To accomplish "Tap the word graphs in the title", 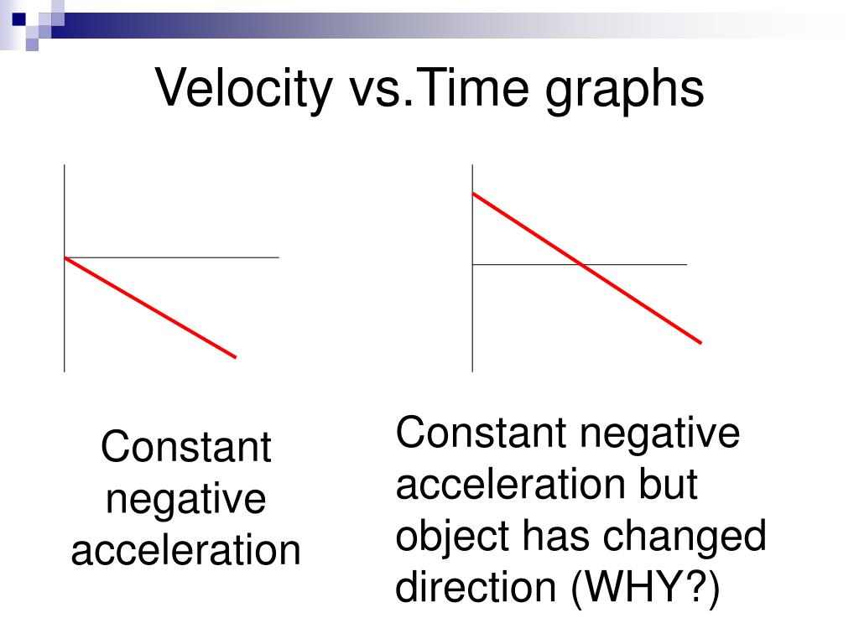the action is (624, 91).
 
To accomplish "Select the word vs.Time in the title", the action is (438, 87).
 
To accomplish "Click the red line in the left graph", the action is (150, 307).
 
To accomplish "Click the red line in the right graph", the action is (586, 268).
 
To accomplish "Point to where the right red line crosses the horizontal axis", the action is (581, 264).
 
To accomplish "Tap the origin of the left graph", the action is (65, 257).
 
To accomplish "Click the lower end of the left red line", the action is (236, 357).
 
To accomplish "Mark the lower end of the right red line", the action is (700, 343).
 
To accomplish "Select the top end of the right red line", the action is (473, 194).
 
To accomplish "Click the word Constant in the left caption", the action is (185, 447).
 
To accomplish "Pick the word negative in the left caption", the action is (185, 500).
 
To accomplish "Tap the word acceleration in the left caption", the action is (185, 550).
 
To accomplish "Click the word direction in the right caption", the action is (476, 587).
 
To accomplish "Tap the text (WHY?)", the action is (645, 589).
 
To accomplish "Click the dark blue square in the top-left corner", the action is (18, 19).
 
